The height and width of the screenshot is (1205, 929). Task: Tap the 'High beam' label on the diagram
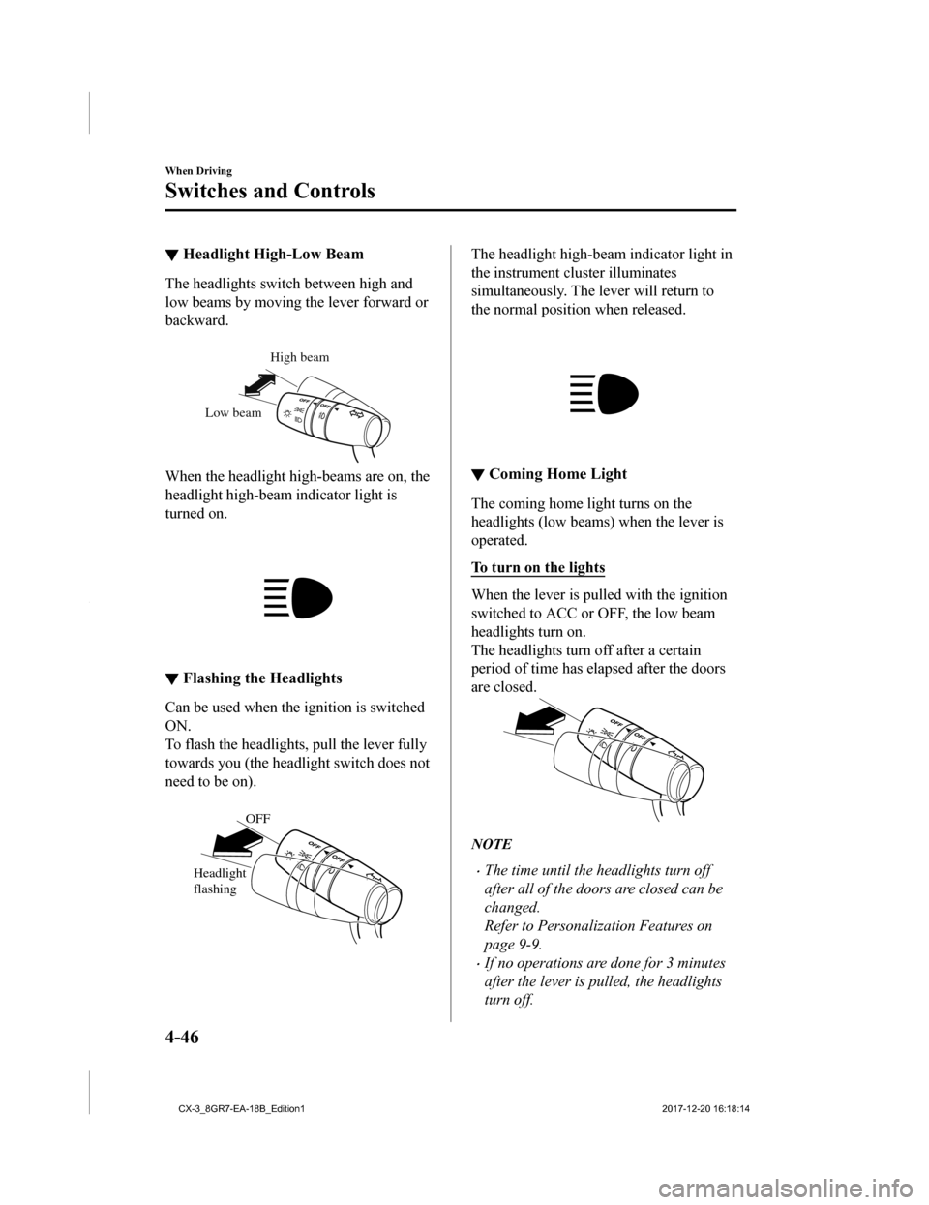pyautogui.click(x=299, y=357)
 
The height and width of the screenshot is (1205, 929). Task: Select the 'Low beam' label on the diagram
pyautogui.click(x=233, y=412)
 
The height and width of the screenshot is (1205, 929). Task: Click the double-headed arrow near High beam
pyautogui.click(x=260, y=385)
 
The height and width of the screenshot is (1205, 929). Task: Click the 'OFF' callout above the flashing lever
pyautogui.click(x=257, y=818)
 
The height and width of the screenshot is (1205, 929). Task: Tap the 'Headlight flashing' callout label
pyautogui.click(x=220, y=881)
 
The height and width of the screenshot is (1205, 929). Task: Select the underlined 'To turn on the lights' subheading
pyautogui.click(x=538, y=568)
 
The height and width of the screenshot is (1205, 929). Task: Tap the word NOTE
pyautogui.click(x=491, y=844)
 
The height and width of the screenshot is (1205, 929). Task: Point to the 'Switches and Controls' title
pyautogui.click(x=270, y=191)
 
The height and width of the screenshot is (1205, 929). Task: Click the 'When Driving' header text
pyautogui.click(x=198, y=170)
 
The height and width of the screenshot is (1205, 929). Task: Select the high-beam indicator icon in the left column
pyautogui.click(x=298, y=597)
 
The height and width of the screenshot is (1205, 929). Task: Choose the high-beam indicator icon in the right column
pyautogui.click(x=604, y=393)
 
